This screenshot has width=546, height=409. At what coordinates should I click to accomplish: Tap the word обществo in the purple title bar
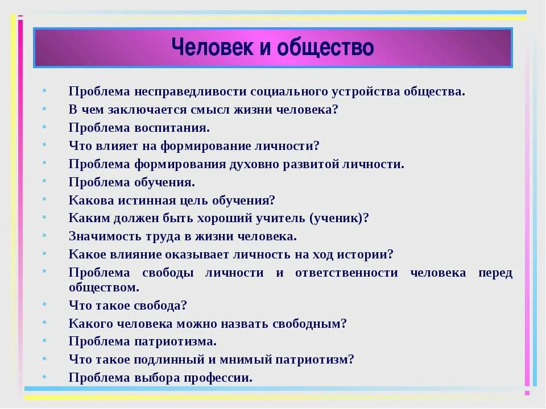[325, 48]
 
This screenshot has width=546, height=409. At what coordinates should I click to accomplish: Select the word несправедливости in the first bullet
[189, 91]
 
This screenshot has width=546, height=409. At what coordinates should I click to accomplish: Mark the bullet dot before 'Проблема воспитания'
[44, 128]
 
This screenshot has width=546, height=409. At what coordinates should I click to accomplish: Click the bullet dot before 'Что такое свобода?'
[44, 306]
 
